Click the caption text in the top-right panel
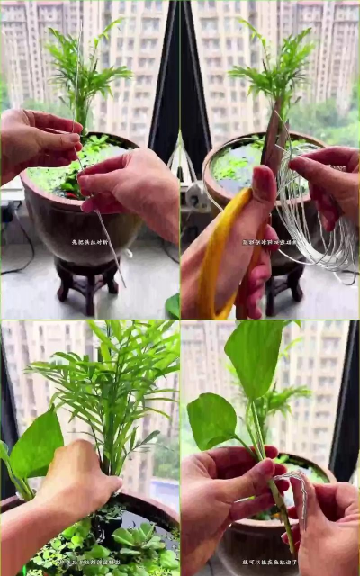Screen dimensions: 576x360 270,242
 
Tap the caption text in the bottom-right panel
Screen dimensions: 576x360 270,562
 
